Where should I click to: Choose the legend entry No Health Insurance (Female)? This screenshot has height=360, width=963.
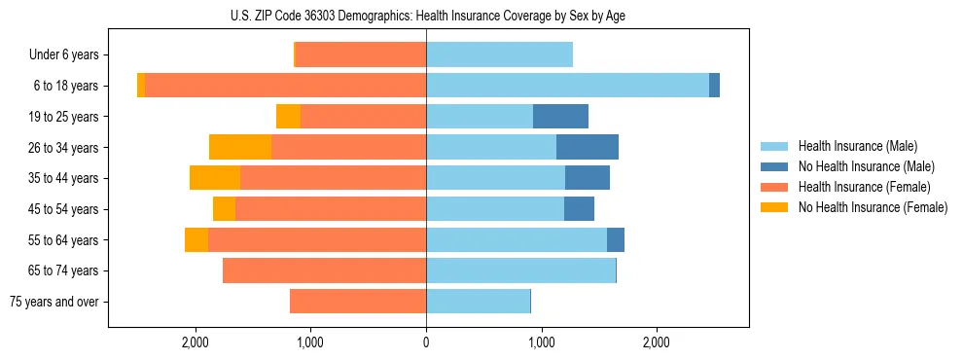point(872,207)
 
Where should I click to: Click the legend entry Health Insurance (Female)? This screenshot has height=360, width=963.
point(864,187)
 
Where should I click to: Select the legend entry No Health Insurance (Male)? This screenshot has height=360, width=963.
point(865,166)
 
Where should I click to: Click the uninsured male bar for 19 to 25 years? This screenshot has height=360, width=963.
point(560,117)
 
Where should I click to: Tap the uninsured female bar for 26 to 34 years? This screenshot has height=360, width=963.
point(240,147)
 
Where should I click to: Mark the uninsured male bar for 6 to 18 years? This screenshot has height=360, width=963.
point(714,86)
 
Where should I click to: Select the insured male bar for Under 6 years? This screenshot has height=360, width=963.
point(499,55)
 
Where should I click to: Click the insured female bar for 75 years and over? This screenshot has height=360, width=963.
point(358,302)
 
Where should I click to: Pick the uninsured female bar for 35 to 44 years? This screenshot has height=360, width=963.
point(215,178)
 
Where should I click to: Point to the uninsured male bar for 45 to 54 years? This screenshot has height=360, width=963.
point(579,209)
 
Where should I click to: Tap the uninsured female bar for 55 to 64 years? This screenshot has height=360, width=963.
point(196,240)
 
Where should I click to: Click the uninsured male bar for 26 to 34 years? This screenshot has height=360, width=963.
point(588,147)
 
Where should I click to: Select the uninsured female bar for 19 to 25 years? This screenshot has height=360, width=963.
point(288,117)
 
